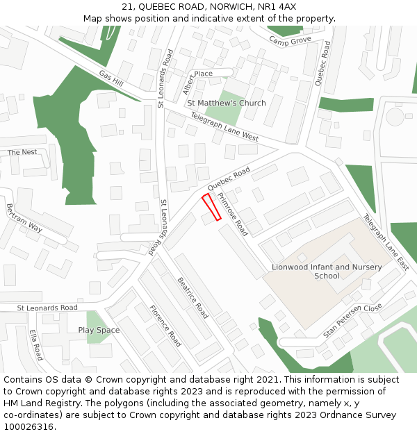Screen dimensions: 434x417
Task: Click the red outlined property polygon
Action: pyautogui.click(x=211, y=208)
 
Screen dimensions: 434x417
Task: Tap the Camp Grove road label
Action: pyautogui.click(x=291, y=41)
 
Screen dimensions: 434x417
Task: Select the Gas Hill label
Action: pyautogui.click(x=111, y=78)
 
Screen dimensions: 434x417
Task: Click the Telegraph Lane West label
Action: pyautogui.click(x=224, y=127)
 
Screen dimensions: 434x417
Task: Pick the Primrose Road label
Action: pyautogui.click(x=232, y=215)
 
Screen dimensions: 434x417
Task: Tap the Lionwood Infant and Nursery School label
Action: pyautogui.click(x=327, y=271)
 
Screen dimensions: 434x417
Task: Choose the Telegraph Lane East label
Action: pyautogui.click(x=386, y=242)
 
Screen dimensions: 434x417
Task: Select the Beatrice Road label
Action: pyautogui.click(x=193, y=298)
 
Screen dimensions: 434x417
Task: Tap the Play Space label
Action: pyautogui.click(x=99, y=330)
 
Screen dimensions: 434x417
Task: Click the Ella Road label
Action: pyautogui.click(x=36, y=344)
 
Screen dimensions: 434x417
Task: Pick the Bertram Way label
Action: pyautogui.click(x=24, y=218)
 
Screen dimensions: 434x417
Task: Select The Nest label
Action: pyautogui.click(x=22, y=152)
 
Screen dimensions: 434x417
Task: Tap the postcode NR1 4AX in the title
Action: pyautogui.click(x=278, y=7)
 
